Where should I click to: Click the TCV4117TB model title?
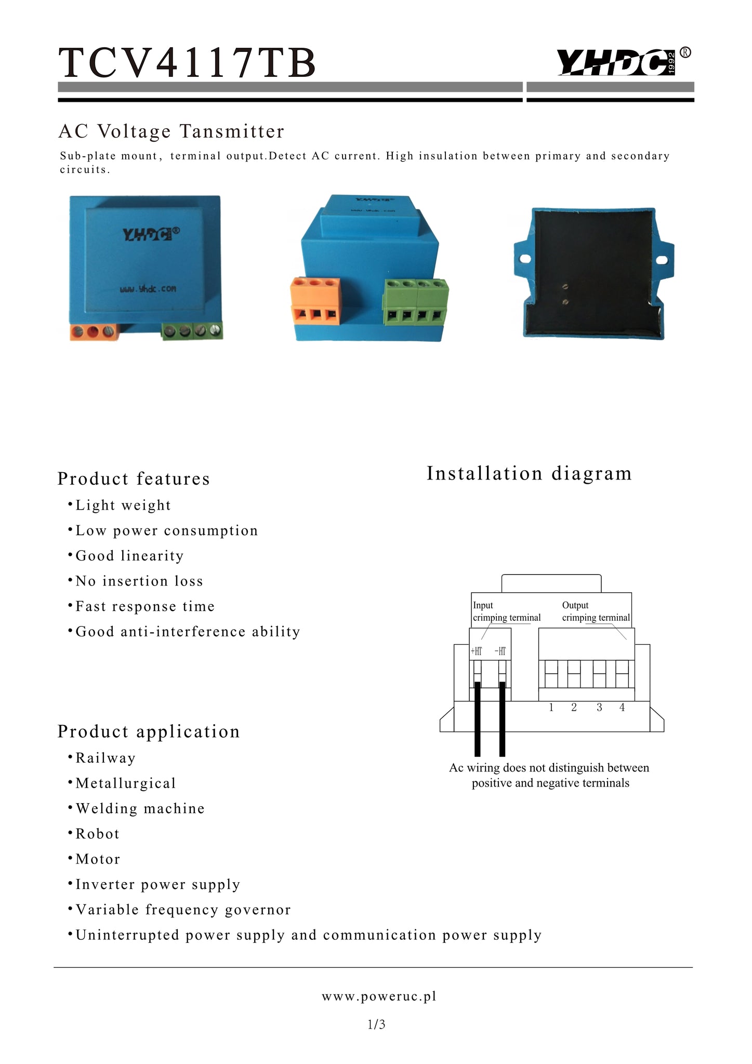pos(187,63)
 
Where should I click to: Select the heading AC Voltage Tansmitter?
pos(171,131)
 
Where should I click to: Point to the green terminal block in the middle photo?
pos(416,302)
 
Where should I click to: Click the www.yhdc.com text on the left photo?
pos(148,288)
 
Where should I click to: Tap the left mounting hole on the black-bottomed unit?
pos(525,258)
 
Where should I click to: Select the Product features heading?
pos(134,478)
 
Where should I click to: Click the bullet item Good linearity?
pos(129,556)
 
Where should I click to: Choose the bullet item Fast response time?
pos(145,606)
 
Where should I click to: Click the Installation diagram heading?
pos(529,473)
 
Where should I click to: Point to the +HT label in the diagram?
pos(476,651)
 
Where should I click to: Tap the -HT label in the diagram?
pos(500,651)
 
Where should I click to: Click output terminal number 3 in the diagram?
pos(599,708)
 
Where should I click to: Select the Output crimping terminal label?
pos(596,611)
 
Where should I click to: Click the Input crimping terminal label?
pos(506,611)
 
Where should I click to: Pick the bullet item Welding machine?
pos(140,808)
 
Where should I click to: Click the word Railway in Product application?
pos(105,758)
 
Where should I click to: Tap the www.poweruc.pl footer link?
pos(379,996)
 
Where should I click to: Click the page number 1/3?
pos(376,1025)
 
